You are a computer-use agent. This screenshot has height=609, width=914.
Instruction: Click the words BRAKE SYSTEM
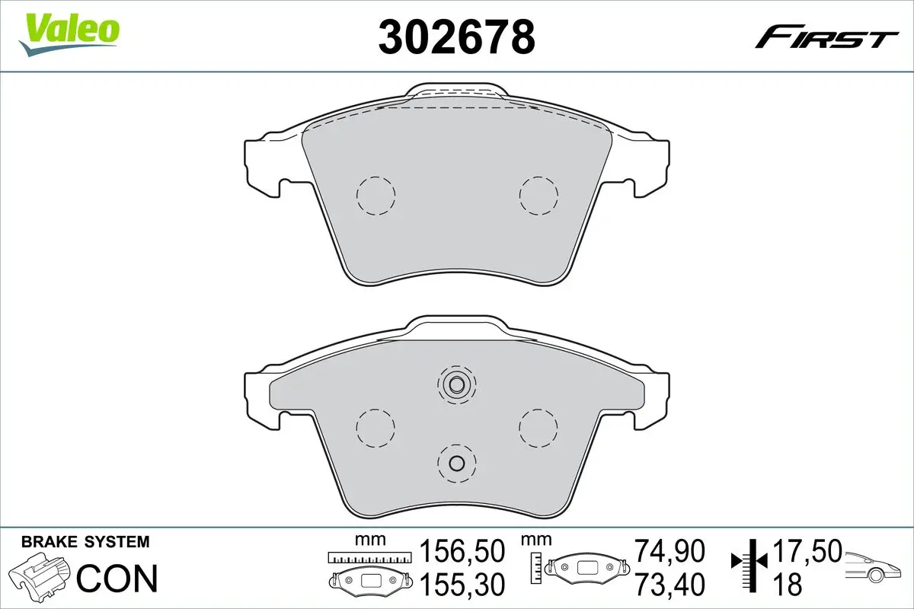(85, 542)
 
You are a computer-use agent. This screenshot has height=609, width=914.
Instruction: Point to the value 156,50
(462, 550)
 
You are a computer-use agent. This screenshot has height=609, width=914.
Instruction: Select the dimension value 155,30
(462, 584)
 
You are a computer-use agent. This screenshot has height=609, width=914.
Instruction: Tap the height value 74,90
(670, 550)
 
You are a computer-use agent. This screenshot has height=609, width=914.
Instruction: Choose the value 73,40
(670, 584)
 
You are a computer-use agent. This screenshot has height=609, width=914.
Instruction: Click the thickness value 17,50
(807, 550)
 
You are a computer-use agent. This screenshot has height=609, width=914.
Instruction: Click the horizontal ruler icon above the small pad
(369, 558)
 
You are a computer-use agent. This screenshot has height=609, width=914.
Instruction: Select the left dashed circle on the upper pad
(376, 196)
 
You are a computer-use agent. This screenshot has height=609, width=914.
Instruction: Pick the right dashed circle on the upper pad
(538, 196)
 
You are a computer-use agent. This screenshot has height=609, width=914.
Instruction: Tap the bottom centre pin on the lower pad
(456, 462)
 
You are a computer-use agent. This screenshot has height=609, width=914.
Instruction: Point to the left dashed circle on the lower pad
(376, 428)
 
